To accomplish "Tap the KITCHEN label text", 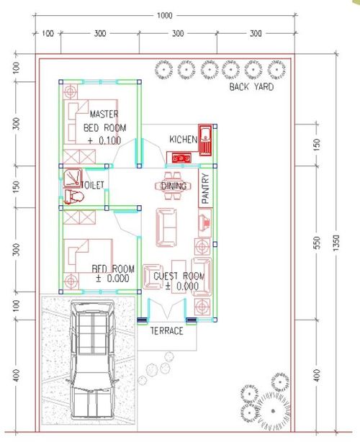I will [x=184, y=138].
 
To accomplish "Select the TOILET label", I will [x=94, y=185].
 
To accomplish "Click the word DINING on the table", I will [x=174, y=186].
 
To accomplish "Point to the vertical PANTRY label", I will [x=205, y=189].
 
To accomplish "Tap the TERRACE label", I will [x=166, y=331].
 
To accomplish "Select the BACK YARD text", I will [x=253, y=87].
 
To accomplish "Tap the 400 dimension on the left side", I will [x=17, y=374].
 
